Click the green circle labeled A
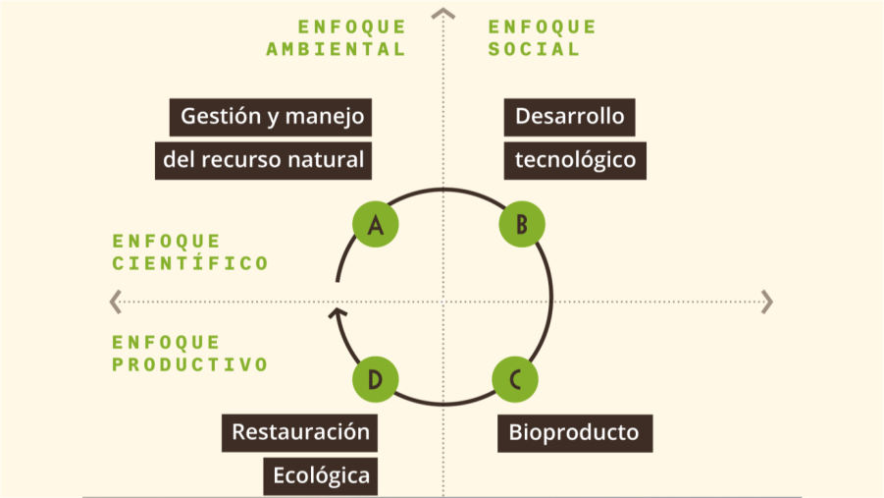[375, 225]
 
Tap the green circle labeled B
[521, 225]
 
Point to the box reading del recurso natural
[263, 159]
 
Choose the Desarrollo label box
[570, 117]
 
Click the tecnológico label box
[576, 159]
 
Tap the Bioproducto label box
[574, 432]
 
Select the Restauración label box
[300, 431]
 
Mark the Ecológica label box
[321, 476]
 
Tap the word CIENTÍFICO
[190, 263]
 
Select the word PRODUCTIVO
[190, 364]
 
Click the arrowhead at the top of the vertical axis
[443, 14]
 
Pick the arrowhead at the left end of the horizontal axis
[116, 302]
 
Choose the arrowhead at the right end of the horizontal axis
[767, 302]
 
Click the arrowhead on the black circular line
[337, 314]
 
